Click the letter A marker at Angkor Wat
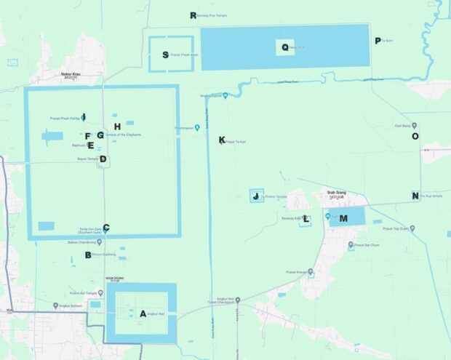click(x=143, y=313)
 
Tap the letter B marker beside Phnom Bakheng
click(x=88, y=255)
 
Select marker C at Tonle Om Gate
click(x=106, y=228)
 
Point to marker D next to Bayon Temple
click(x=103, y=159)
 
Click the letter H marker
click(x=116, y=127)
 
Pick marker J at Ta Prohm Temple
click(x=255, y=196)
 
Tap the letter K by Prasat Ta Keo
click(x=222, y=140)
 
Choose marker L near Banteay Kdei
click(x=306, y=219)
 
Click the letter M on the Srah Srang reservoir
click(x=343, y=218)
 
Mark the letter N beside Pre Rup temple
click(x=415, y=196)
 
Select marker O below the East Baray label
click(x=415, y=136)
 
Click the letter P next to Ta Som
click(x=377, y=41)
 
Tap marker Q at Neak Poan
click(x=285, y=47)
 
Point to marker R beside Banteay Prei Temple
click(x=193, y=15)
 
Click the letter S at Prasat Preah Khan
click(x=166, y=55)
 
